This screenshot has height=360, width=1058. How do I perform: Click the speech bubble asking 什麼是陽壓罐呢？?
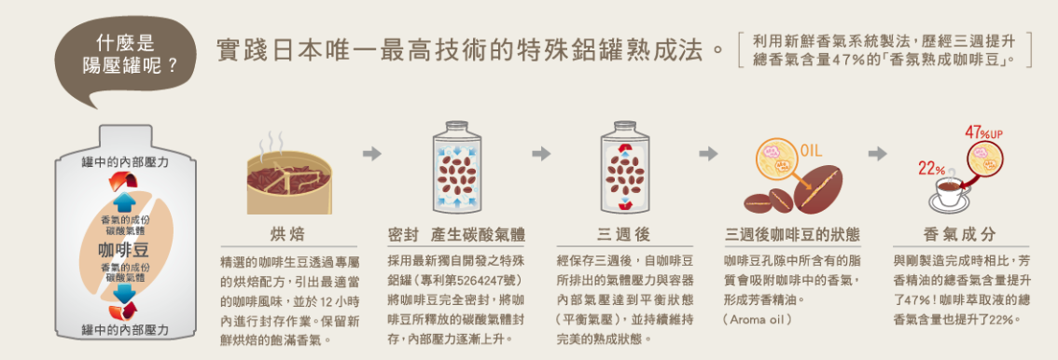[126, 61]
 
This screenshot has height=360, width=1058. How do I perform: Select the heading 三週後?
[623, 235]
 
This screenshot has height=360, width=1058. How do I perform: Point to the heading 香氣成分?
[959, 235]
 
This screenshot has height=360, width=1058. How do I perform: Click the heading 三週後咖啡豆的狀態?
[792, 235]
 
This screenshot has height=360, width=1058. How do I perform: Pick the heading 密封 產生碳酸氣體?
[456, 235]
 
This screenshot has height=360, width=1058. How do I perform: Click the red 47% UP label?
[983, 132]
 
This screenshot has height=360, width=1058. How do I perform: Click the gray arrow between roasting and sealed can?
[371, 154]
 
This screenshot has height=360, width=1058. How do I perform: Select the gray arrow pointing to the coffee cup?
[877, 154]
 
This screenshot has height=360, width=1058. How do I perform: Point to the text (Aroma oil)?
[757, 317]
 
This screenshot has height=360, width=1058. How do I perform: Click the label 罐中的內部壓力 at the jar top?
[125, 161]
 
